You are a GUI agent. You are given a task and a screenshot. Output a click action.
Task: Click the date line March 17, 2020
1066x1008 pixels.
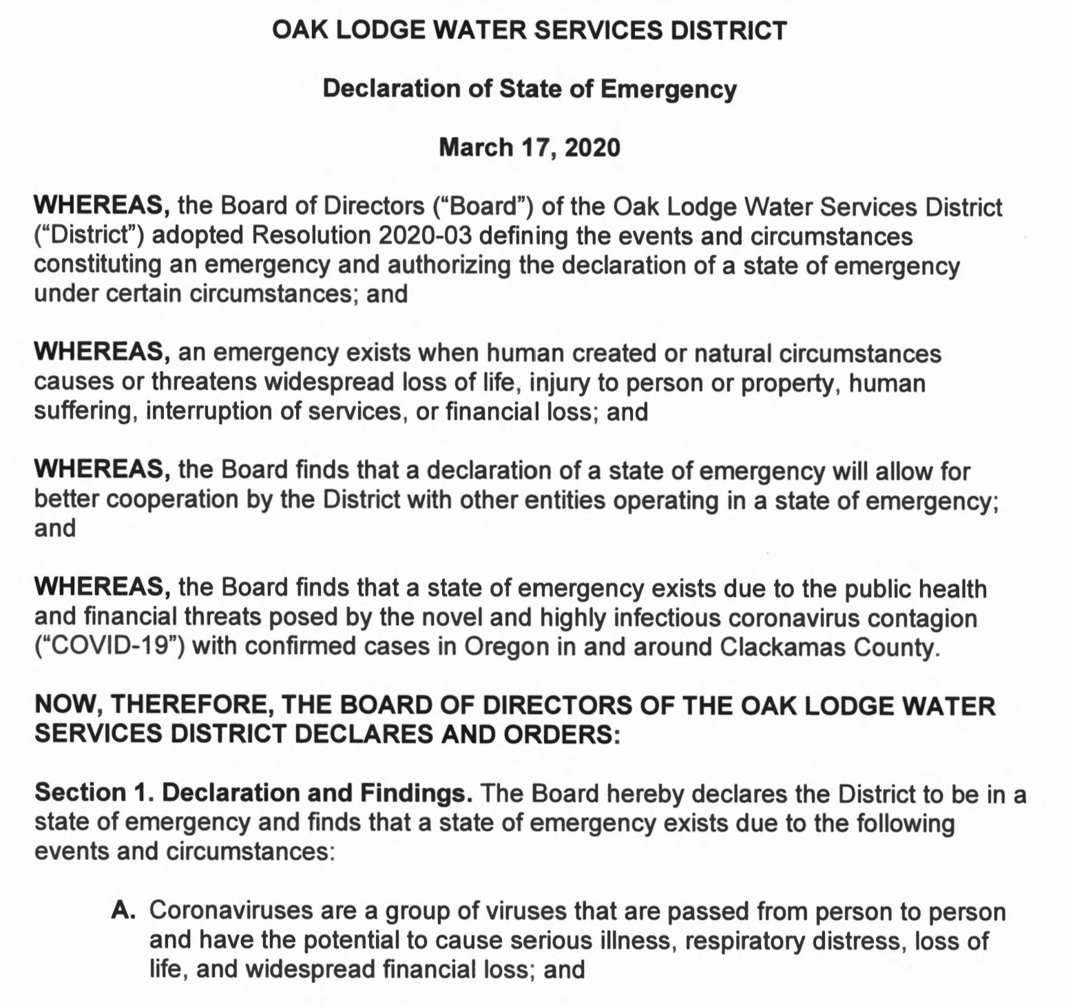(x=530, y=147)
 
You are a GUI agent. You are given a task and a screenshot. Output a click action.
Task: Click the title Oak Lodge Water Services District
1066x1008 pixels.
(x=530, y=30)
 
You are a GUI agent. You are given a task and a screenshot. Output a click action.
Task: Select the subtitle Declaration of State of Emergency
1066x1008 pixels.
(x=530, y=89)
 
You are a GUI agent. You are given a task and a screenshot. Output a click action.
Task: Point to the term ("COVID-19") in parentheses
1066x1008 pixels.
(x=109, y=647)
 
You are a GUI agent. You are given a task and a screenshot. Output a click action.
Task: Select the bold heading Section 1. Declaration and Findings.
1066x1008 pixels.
(x=253, y=793)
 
